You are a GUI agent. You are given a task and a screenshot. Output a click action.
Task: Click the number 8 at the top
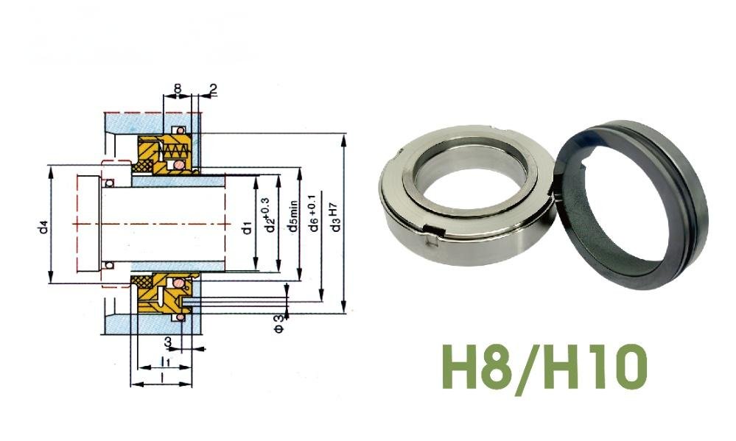(177, 88)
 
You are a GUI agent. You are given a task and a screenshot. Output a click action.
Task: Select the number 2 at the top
(213, 89)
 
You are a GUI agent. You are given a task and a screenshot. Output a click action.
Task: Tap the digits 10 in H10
(617, 365)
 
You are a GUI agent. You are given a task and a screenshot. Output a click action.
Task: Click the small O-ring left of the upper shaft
(108, 182)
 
